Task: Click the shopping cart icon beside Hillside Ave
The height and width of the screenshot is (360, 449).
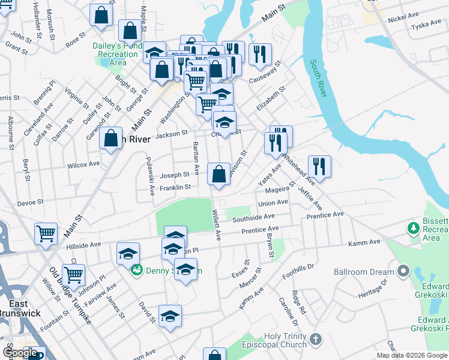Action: (x=46, y=233)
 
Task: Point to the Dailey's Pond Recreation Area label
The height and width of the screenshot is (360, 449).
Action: (x=118, y=54)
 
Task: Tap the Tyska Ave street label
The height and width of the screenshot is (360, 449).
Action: (x=426, y=25)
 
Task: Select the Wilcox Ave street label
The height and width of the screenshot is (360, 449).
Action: (x=83, y=164)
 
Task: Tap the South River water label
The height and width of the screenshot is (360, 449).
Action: (x=319, y=80)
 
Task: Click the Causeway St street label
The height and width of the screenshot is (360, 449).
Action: (x=269, y=72)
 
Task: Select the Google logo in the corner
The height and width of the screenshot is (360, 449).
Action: (x=20, y=353)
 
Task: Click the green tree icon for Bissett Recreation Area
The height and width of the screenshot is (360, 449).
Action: (x=413, y=229)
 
